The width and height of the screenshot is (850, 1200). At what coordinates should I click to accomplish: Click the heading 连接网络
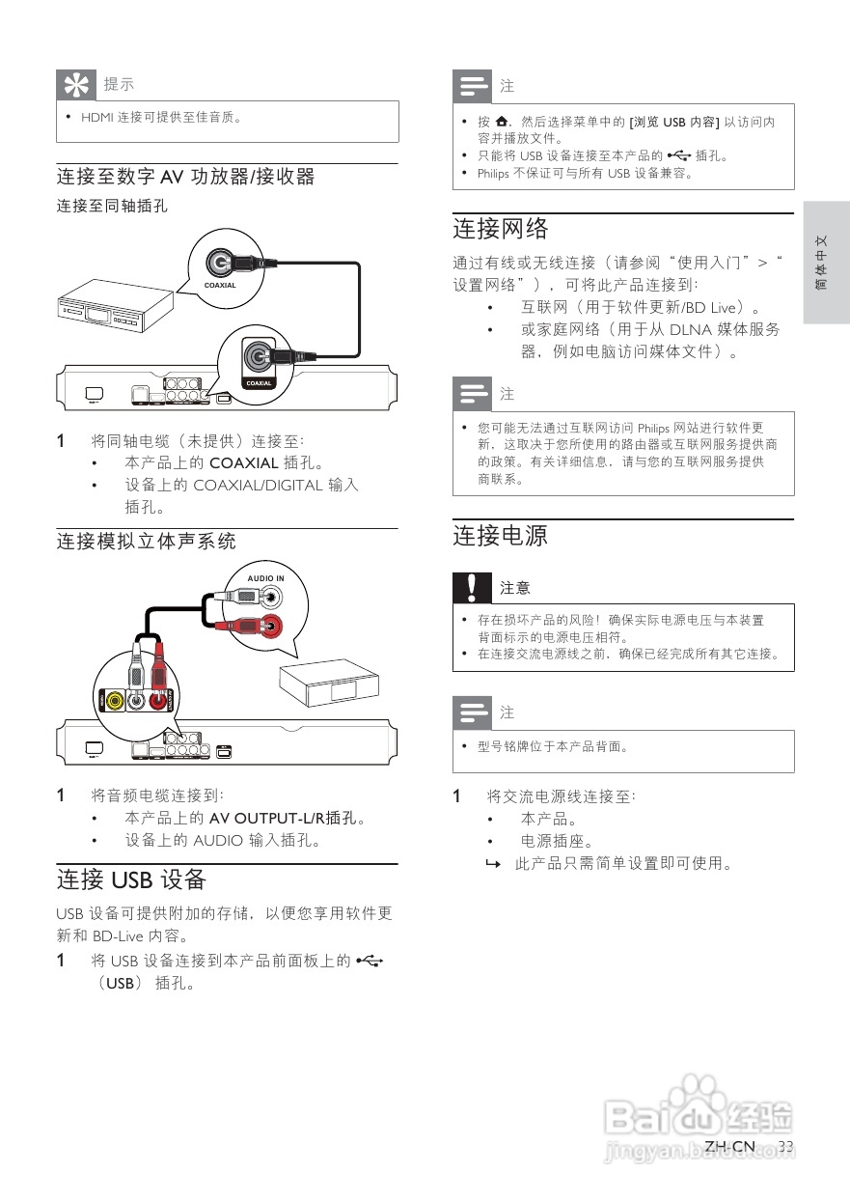[501, 229]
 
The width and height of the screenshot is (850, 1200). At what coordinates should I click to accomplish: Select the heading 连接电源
[501, 536]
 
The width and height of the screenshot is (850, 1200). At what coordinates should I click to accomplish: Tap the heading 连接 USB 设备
[131, 879]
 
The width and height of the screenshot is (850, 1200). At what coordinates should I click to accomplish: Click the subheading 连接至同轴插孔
[111, 206]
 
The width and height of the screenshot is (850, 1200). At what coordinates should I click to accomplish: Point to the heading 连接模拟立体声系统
[146, 541]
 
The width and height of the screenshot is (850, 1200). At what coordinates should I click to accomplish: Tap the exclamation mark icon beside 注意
[471, 587]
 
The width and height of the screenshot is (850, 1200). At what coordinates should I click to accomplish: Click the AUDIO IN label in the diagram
[265, 578]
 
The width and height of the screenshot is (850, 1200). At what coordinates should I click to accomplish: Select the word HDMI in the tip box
[96, 118]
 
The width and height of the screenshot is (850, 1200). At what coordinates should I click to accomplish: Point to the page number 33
[785, 1146]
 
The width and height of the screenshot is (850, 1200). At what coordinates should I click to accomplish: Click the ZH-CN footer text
[729, 1146]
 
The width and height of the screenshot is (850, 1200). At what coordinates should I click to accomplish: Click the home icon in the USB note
[500, 123]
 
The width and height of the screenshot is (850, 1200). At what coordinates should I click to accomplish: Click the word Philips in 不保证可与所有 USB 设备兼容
[494, 174]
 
